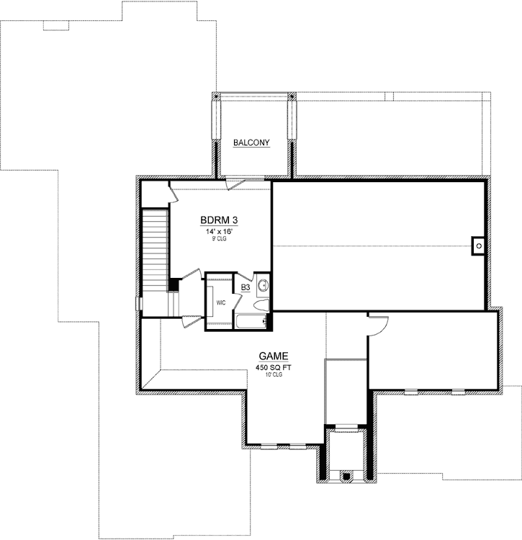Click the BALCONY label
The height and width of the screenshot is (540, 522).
pyautogui.click(x=251, y=143)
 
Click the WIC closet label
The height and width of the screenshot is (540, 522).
pyautogui.click(x=221, y=302)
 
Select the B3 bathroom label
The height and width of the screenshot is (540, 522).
pyautogui.click(x=246, y=287)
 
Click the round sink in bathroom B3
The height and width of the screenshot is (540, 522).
pyautogui.click(x=263, y=286)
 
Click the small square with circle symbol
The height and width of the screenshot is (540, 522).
pyautogui.click(x=478, y=245)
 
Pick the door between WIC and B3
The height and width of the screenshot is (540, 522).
pyautogui.click(x=242, y=277)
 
